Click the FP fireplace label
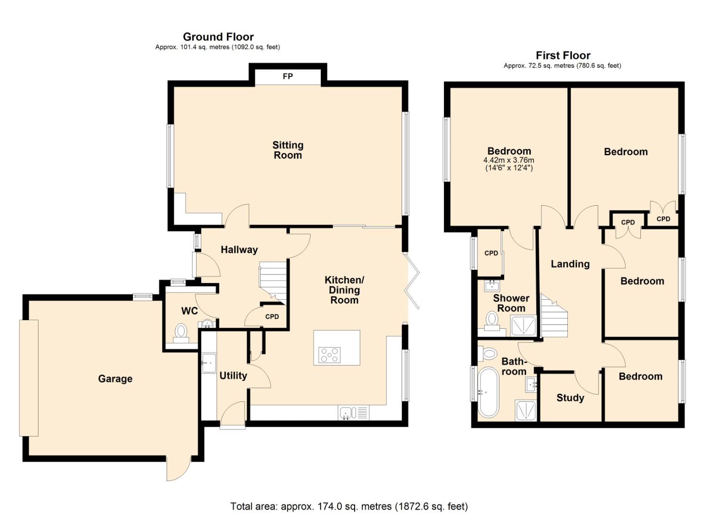point(288,76)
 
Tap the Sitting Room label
point(288,150)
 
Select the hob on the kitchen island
point(330,355)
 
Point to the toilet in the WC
point(181,332)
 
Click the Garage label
point(115,379)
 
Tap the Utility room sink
point(208,363)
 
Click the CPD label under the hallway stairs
point(272,317)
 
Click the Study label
point(570,398)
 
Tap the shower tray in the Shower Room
point(523,326)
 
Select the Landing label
point(570,264)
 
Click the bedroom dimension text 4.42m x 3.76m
point(508,160)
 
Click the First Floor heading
point(563,56)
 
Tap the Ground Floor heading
point(218,37)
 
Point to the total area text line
point(349,506)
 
